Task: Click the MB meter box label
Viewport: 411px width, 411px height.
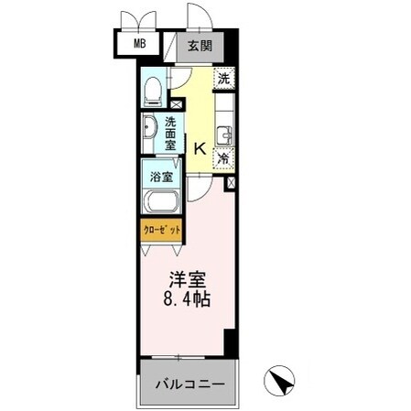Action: [140, 43]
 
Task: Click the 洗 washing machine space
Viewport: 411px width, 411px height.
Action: [223, 79]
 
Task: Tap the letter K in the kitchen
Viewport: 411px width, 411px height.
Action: [200, 144]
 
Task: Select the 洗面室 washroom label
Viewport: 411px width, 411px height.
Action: [171, 131]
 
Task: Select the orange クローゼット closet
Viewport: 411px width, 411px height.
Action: [160, 229]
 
